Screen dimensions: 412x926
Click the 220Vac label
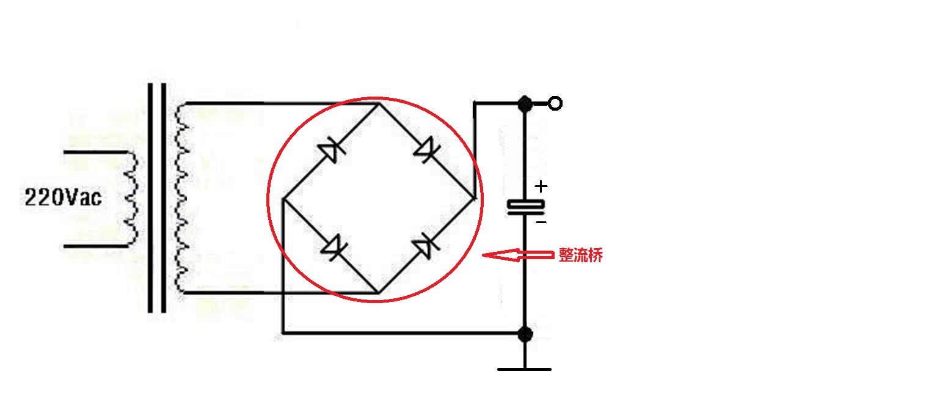[63, 197]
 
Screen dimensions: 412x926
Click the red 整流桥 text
[580, 256]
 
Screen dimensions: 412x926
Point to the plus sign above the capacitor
[541, 185]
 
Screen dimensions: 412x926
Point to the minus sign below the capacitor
[541, 223]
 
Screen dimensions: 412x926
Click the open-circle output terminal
[555, 103]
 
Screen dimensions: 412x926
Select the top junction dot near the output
[525, 103]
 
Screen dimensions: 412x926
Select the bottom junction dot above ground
[525, 334]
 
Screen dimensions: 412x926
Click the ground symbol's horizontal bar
[524, 369]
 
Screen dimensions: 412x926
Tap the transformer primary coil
[129, 199]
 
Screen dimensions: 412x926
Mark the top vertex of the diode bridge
[377, 103]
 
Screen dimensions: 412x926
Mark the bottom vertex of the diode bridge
[377, 293]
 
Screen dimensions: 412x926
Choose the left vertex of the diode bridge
[283, 199]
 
